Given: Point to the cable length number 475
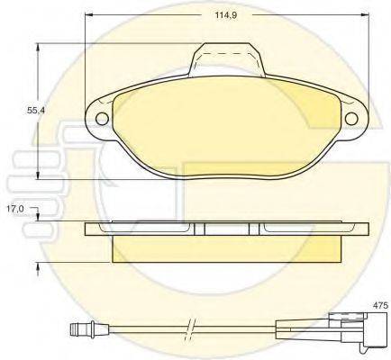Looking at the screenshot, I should coord(380,305).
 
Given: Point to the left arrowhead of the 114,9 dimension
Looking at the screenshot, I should coord(88,16).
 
